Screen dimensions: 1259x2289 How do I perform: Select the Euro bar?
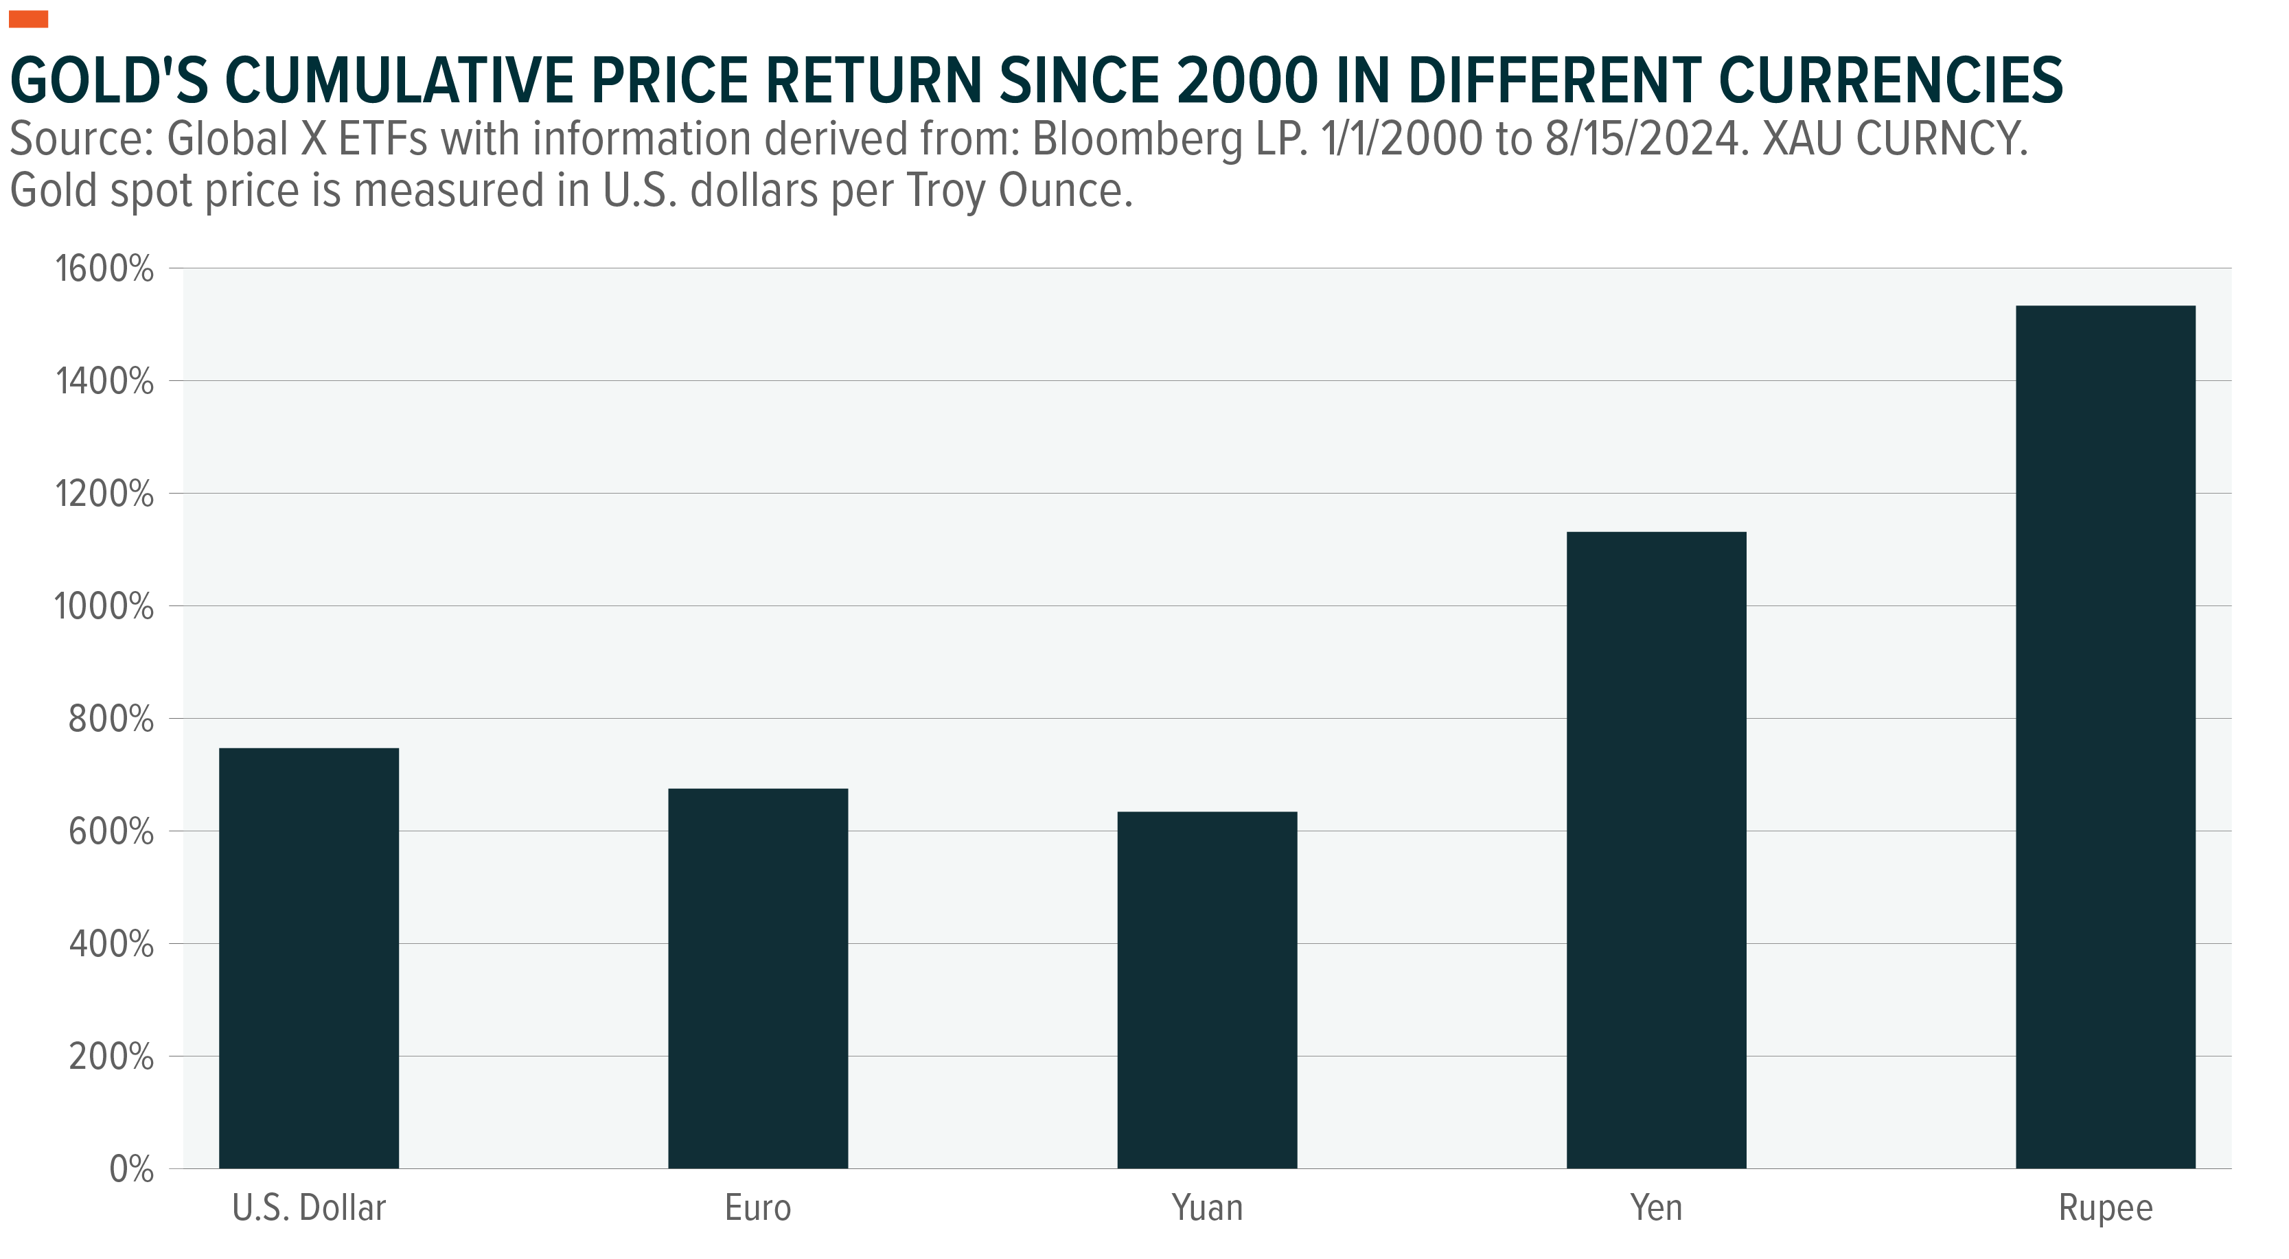tap(757, 978)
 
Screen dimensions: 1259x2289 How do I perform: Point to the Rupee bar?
tap(2105, 737)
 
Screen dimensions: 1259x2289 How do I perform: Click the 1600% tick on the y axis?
tap(104, 269)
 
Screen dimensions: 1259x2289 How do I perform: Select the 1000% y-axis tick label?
tap(104, 607)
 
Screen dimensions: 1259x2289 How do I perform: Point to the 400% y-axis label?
tap(111, 945)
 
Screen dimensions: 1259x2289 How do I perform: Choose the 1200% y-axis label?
tap(104, 494)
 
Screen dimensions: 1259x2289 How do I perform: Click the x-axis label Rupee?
tap(2105, 1208)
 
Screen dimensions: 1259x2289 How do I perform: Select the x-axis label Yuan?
tap(1207, 1208)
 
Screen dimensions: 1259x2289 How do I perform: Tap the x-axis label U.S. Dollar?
tap(308, 1208)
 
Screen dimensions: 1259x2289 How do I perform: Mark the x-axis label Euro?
tap(757, 1208)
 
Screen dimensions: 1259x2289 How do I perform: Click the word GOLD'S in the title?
tap(108, 81)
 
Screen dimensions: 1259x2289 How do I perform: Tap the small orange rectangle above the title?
tap(28, 19)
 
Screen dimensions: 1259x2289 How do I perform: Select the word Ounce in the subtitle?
tap(1065, 190)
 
